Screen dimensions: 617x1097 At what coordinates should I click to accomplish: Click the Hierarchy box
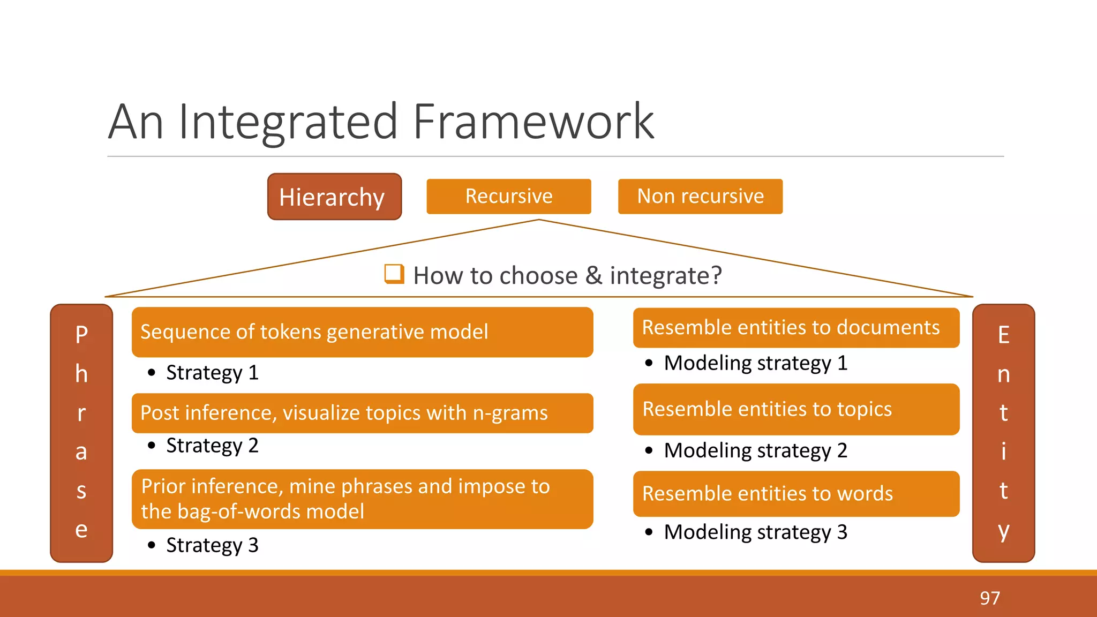pos(334,197)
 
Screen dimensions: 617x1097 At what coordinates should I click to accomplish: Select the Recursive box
pos(508,196)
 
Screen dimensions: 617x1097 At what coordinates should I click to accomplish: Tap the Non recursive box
pos(700,196)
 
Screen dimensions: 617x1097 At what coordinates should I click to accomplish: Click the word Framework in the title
pos(534,122)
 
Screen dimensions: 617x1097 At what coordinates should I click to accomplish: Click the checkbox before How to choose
pos(394,274)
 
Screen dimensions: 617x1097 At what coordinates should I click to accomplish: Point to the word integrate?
pos(666,276)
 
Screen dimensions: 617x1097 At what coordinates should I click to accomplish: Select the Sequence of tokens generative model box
pos(362,332)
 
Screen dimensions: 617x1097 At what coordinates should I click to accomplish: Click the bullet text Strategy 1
pos(212,373)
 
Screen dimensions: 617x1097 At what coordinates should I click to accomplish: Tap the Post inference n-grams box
pos(362,413)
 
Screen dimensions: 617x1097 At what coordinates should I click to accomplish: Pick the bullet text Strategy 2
pos(212,446)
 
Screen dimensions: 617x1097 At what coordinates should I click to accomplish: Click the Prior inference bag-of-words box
pos(362,499)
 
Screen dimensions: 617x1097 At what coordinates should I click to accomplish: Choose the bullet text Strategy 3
pos(212,545)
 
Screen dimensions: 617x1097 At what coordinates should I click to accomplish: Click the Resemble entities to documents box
pos(796,328)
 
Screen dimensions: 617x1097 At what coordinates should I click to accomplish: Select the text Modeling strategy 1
pos(755,363)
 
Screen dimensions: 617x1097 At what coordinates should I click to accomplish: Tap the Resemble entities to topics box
pos(796,409)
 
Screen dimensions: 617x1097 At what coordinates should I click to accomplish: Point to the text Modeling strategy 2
pos(755,450)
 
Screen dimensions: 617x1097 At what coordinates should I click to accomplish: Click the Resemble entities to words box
pos(796,494)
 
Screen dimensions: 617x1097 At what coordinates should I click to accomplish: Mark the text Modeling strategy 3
pos(755,532)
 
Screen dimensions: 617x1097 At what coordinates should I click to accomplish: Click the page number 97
pos(989,598)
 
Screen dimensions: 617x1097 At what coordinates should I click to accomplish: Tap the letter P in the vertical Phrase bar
pos(81,335)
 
